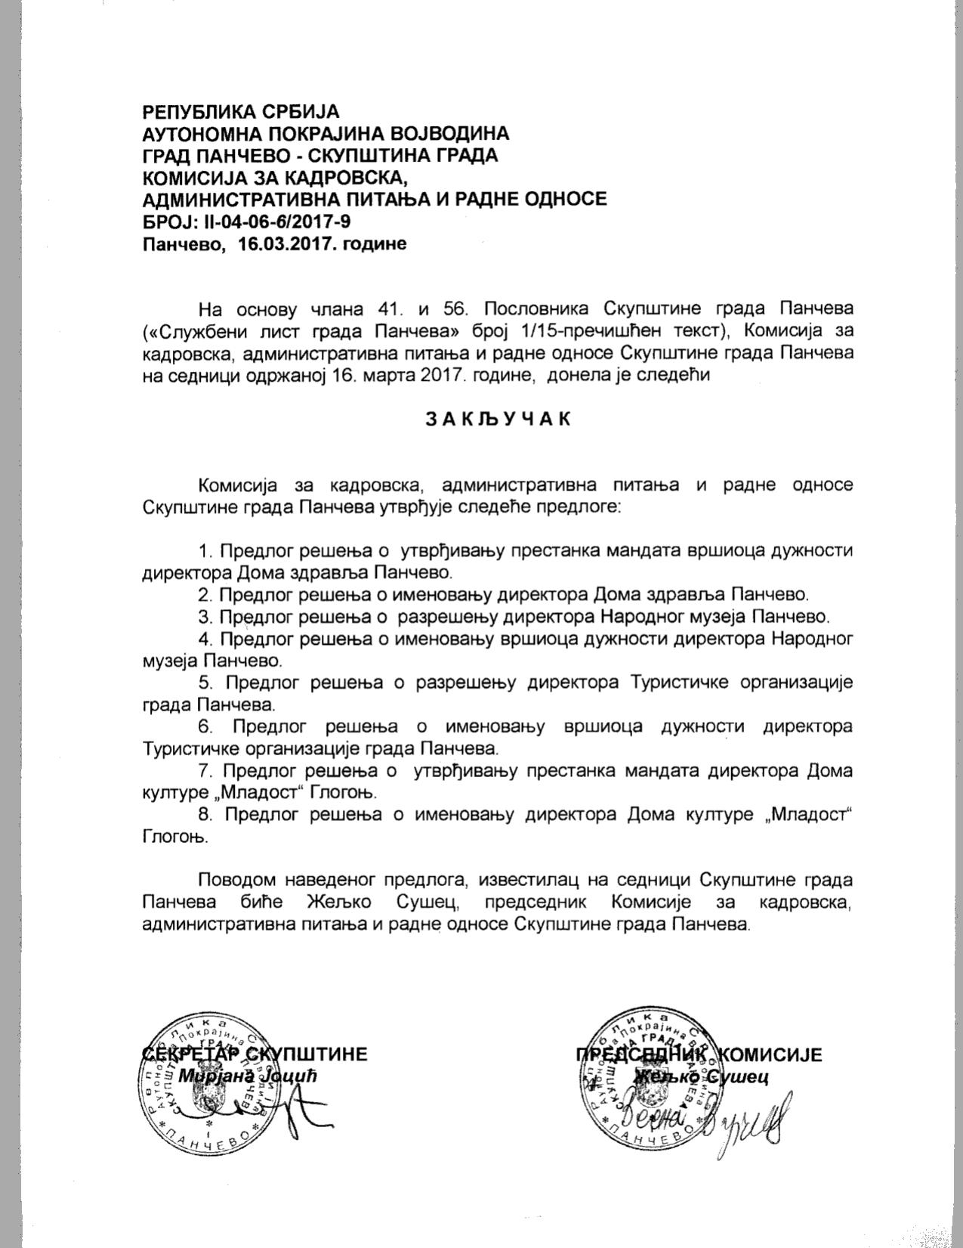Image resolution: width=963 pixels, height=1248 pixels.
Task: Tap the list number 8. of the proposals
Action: [205, 815]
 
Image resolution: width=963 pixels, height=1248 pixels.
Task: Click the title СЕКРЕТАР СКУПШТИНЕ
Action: [255, 1054]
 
